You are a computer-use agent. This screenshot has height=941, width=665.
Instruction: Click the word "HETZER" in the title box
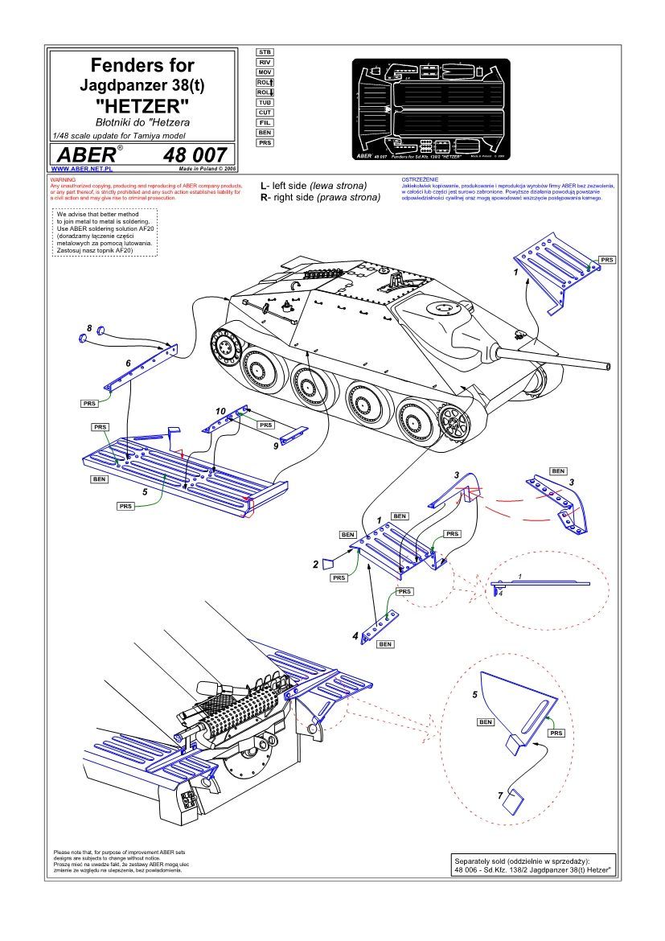coord(142,105)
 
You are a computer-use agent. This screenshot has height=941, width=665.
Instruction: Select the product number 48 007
coord(195,154)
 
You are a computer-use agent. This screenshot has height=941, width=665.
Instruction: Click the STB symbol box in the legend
coord(265,51)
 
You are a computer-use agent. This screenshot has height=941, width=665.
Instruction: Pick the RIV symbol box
coord(265,62)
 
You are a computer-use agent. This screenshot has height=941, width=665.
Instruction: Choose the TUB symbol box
coord(265,102)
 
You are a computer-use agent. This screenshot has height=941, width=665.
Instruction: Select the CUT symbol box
coord(265,113)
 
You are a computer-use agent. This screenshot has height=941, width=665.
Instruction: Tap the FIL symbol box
coord(265,122)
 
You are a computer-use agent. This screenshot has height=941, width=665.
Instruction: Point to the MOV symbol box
coord(265,72)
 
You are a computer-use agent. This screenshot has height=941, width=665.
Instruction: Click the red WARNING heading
coord(63,179)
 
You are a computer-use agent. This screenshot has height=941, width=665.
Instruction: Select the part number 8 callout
coord(89,328)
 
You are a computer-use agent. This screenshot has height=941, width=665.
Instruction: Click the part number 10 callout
coord(220,410)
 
